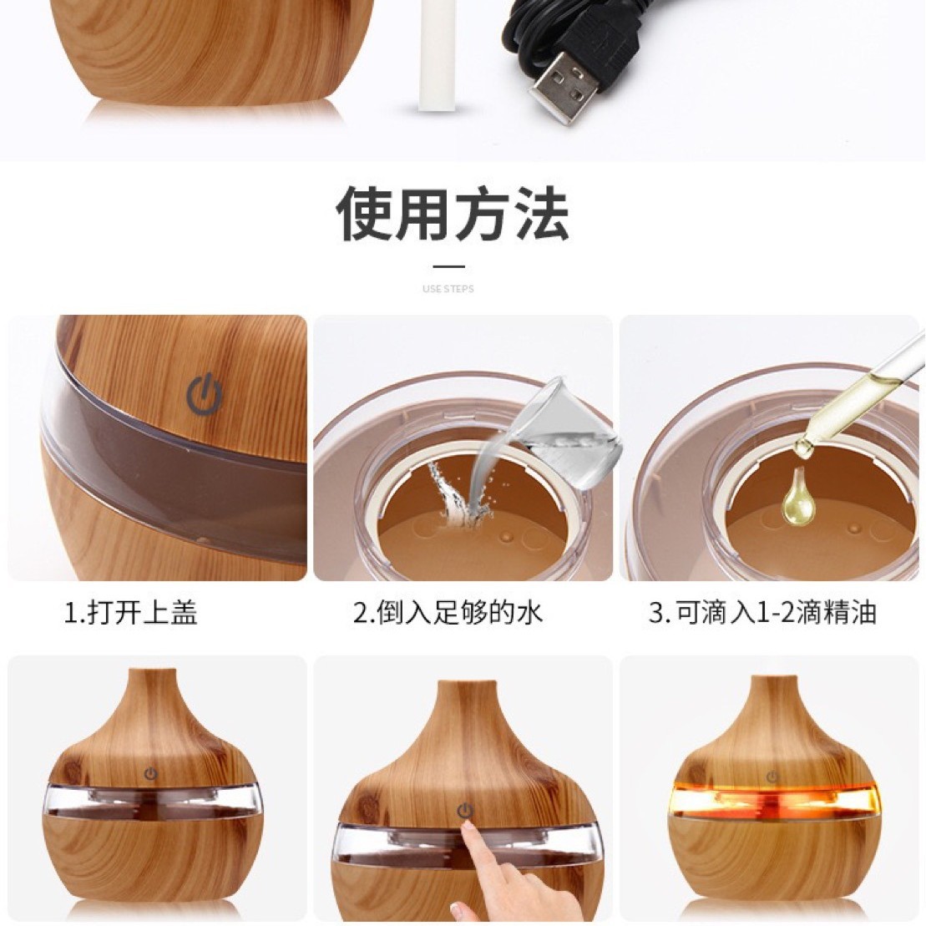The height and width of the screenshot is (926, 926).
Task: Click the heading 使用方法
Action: (452, 215)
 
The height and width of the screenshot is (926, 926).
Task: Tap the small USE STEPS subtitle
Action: (448, 289)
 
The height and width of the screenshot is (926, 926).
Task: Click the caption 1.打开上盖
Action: (132, 614)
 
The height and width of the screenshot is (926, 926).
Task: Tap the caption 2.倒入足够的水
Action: (448, 614)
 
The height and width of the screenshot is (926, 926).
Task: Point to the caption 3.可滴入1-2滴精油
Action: (762, 614)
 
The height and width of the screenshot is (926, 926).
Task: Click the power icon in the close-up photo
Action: (203, 395)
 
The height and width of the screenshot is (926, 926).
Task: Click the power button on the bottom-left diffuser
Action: (150, 773)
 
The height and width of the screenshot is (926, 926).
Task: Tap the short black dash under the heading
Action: (448, 266)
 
